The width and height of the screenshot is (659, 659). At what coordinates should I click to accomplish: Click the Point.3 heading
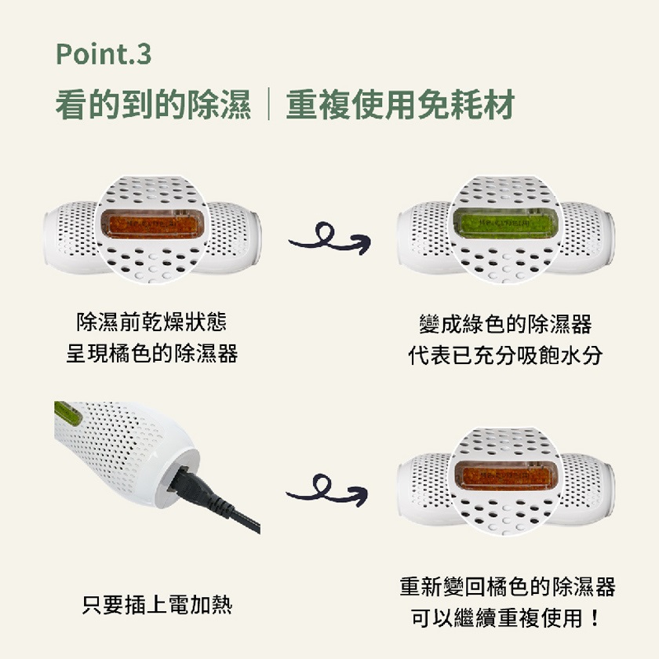click(104, 55)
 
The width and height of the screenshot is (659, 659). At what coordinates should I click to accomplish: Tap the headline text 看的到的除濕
click(154, 104)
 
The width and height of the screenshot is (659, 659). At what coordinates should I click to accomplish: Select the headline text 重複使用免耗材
click(401, 104)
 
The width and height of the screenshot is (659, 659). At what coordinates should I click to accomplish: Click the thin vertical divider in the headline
click(269, 104)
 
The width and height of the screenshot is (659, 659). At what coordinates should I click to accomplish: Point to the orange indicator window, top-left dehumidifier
click(153, 225)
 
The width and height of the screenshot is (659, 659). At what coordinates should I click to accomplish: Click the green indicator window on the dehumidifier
click(507, 224)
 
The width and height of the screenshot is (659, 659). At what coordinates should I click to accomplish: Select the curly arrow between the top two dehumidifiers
click(330, 239)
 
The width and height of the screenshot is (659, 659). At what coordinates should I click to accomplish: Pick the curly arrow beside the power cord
click(327, 491)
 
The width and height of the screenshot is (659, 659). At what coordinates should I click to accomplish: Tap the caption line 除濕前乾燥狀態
click(151, 322)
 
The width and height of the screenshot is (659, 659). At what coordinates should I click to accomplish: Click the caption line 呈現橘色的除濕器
click(152, 354)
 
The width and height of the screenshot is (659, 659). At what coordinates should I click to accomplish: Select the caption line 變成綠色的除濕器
click(505, 324)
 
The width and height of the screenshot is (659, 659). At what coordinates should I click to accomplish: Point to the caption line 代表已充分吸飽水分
click(505, 355)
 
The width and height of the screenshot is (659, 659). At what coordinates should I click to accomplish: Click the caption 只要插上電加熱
click(157, 605)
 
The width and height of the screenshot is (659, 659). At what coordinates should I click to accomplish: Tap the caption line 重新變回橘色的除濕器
click(508, 587)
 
